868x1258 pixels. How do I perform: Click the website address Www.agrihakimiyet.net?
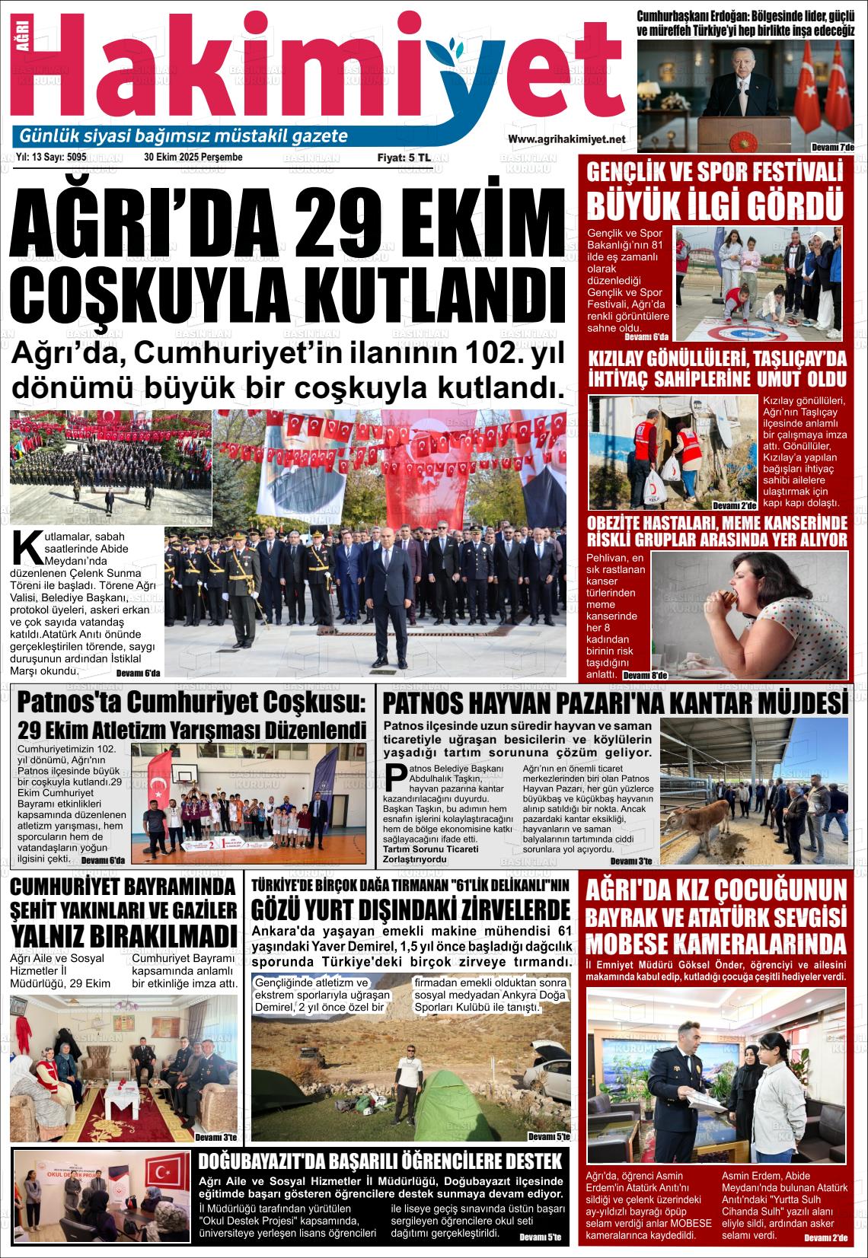click(x=566, y=139)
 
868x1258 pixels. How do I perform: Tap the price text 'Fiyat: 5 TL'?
click(x=404, y=158)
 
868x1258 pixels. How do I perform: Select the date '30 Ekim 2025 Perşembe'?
click(x=193, y=158)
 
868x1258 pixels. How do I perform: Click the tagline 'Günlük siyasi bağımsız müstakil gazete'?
click(x=183, y=136)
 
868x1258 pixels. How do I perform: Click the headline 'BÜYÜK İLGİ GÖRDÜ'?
click(x=715, y=205)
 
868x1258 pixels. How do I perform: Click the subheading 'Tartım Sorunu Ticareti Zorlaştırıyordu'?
click(x=431, y=854)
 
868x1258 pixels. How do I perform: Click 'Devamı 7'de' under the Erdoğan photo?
click(x=833, y=146)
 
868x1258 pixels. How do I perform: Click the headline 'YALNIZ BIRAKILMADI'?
click(x=124, y=935)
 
